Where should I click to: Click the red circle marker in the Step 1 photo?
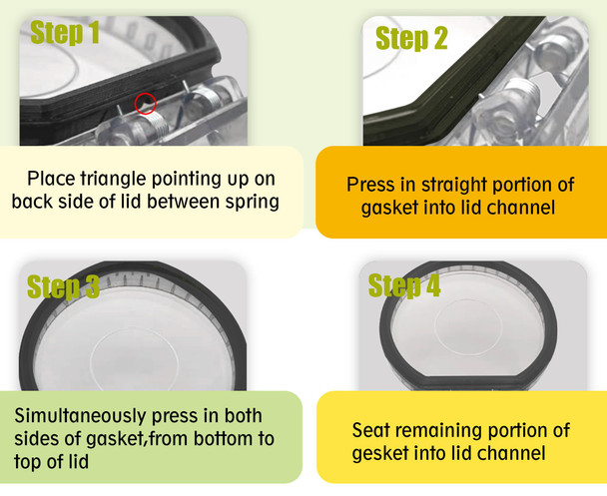coord(146,103)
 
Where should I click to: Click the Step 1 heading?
coord(65,33)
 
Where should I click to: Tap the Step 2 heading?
coord(411,39)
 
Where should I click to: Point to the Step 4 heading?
coord(404,285)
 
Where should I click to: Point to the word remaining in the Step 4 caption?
coord(439,430)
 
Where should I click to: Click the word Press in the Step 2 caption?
coord(368,185)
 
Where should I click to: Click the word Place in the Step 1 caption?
coord(50,179)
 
